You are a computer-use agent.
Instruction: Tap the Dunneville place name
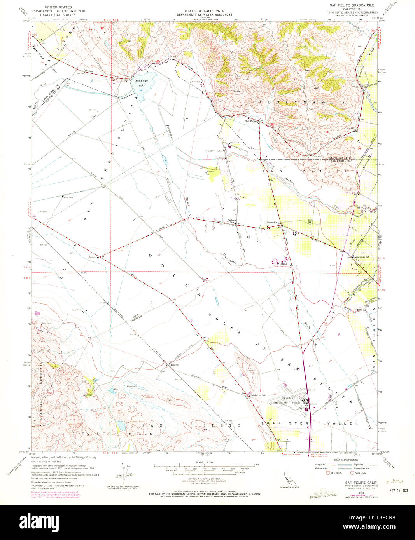point(271,222)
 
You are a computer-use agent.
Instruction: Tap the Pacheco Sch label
point(232,221)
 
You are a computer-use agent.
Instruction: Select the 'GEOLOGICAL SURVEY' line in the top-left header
point(60,15)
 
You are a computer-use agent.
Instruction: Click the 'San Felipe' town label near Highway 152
point(250,121)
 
